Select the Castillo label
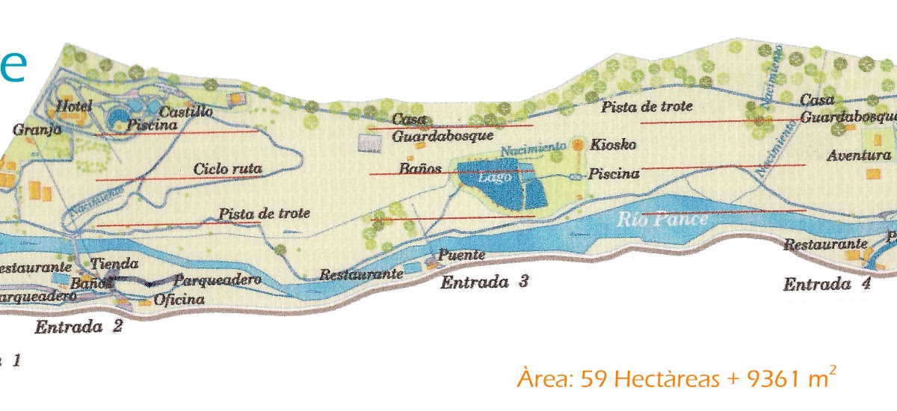tap(187, 112)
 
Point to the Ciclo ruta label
tap(227, 170)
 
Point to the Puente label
tap(462, 256)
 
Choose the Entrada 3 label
tap(484, 282)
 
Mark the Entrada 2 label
tap(78, 327)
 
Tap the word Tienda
tap(114, 264)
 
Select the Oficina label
tap(179, 300)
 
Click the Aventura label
tap(859, 156)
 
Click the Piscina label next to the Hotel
tap(152, 126)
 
